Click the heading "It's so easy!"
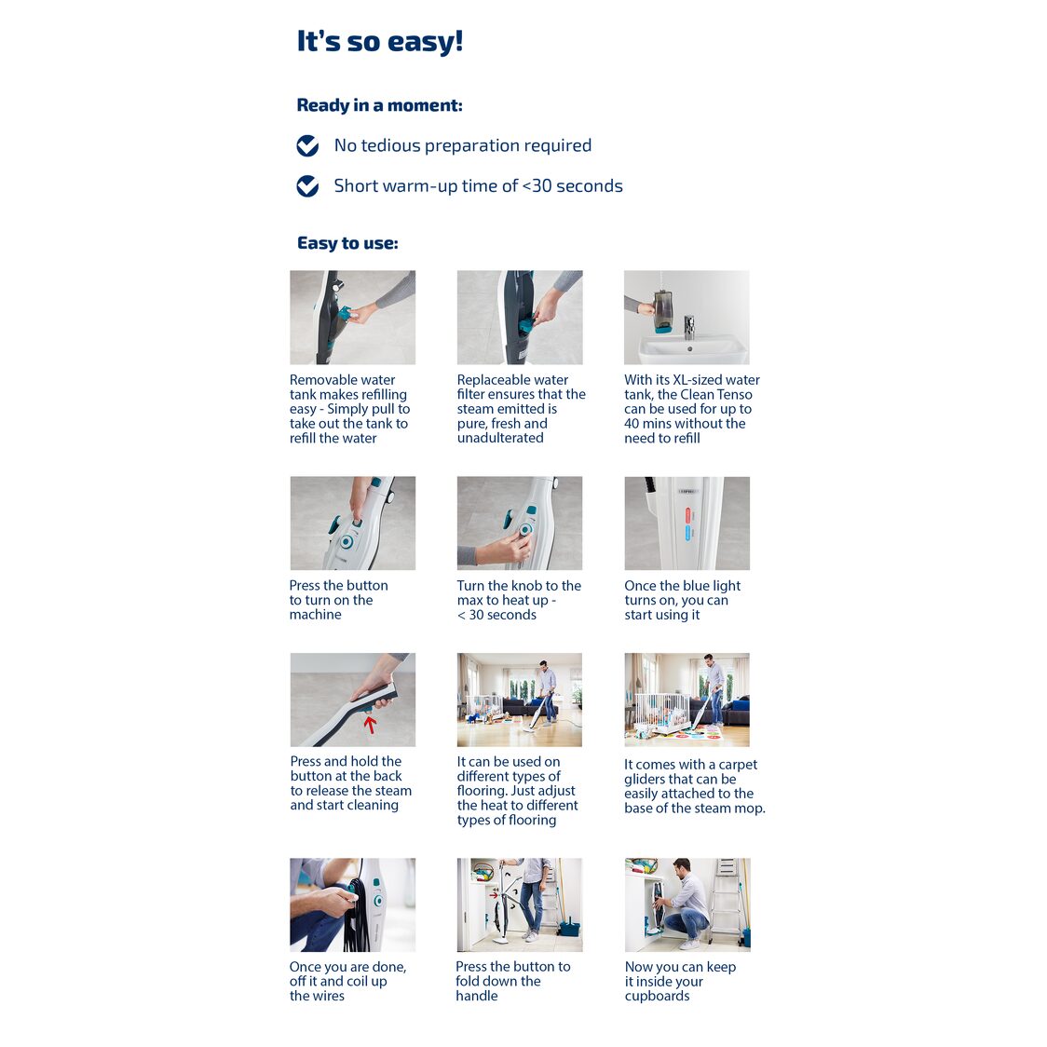click(380, 41)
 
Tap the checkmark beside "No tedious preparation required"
click(307, 145)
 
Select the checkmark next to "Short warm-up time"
click(307, 186)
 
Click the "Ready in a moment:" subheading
click(379, 105)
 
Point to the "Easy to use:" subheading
click(347, 243)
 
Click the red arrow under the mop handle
click(369, 724)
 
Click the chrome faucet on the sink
click(689, 328)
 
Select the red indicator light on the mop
click(687, 515)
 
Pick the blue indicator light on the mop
click(687, 533)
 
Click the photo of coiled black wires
click(352, 904)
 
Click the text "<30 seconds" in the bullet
click(572, 186)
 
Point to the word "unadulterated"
click(500, 438)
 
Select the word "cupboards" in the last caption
click(657, 996)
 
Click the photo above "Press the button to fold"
click(520, 904)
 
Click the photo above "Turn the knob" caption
click(520, 523)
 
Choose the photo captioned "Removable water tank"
click(352, 317)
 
